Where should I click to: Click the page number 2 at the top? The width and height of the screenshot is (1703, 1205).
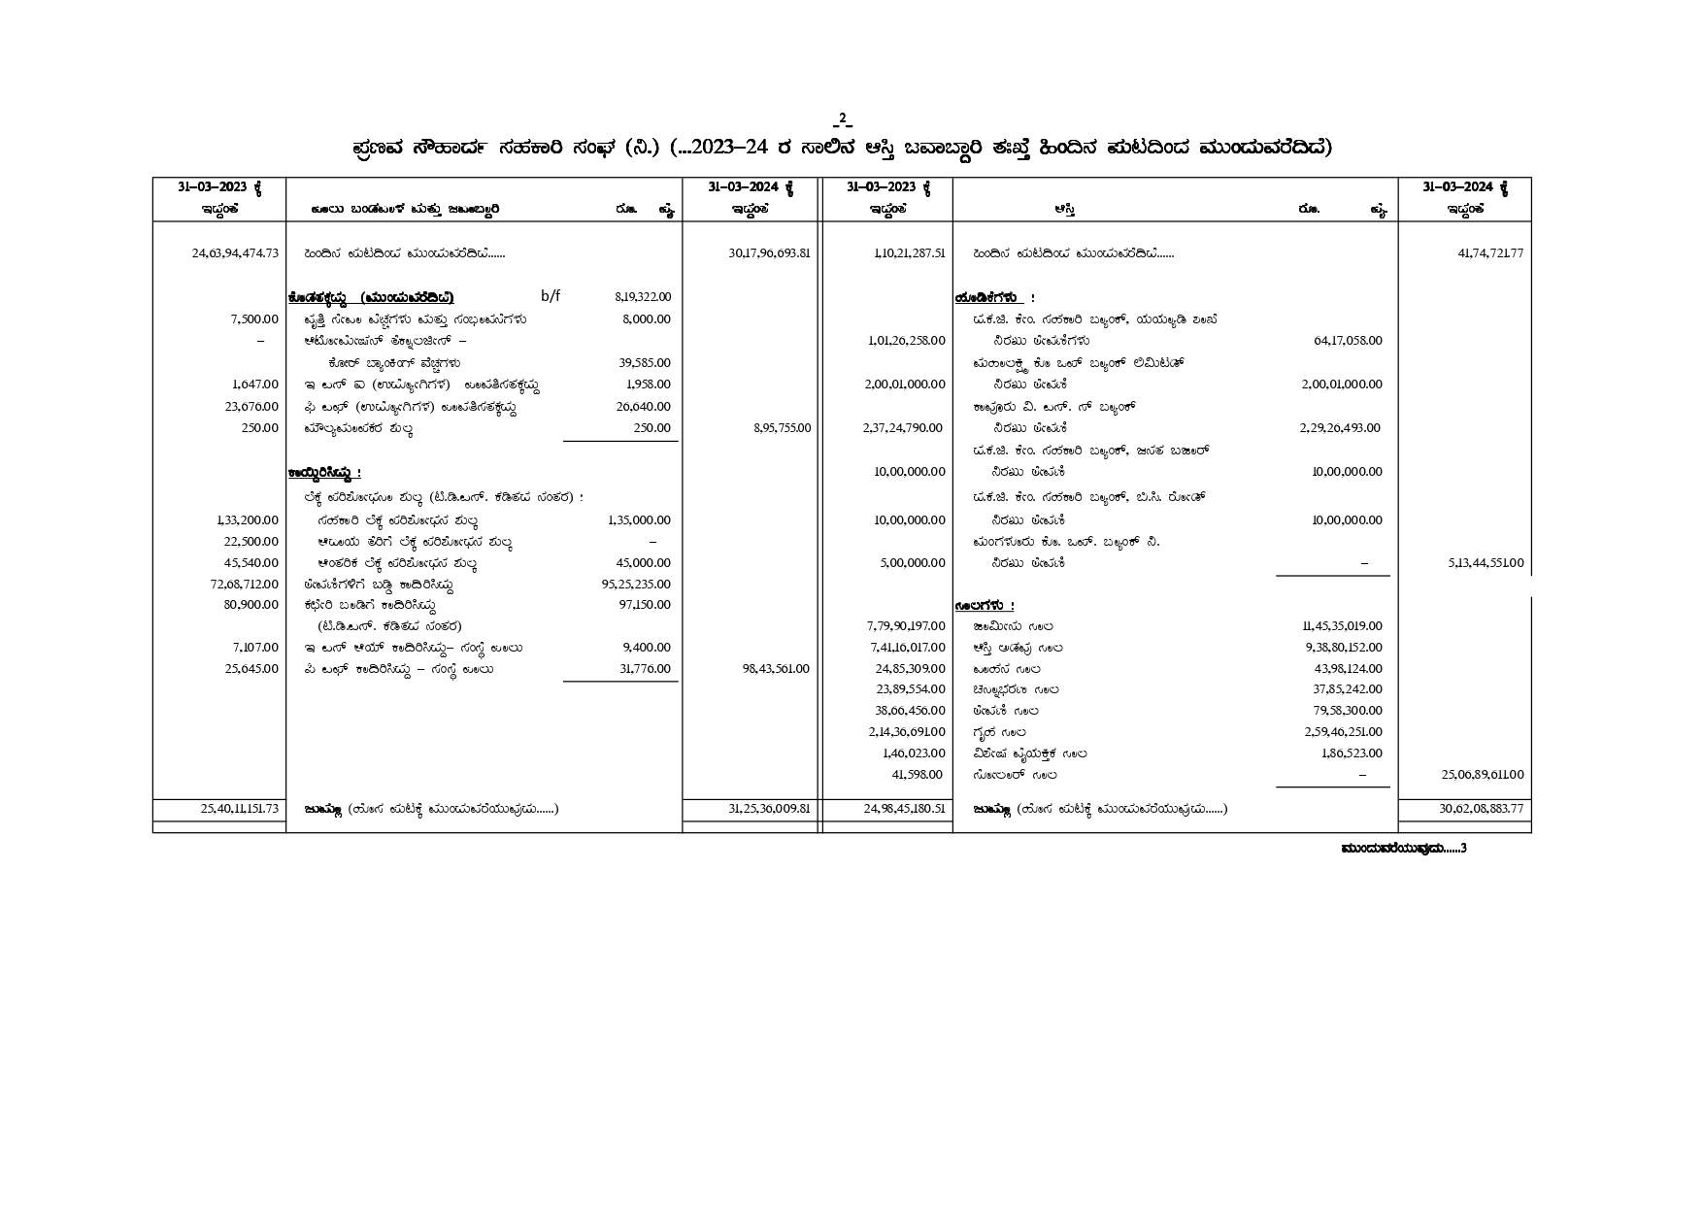(842, 119)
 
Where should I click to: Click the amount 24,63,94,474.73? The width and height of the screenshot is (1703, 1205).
(235, 253)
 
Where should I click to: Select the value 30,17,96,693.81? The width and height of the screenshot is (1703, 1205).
(769, 253)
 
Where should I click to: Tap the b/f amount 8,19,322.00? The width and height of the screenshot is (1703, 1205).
(643, 297)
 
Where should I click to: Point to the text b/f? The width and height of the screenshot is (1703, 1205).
(551, 296)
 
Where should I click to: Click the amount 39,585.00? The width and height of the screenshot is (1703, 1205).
(645, 363)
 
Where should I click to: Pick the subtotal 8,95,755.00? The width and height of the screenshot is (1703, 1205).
(782, 428)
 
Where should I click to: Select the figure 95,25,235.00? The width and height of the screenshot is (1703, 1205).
(636, 585)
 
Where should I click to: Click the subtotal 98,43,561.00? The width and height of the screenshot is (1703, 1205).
(775, 669)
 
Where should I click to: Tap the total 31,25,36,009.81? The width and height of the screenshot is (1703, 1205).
(769, 809)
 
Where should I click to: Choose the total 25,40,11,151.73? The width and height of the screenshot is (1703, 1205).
(235, 809)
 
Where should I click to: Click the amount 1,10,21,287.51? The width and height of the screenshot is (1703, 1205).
(909, 253)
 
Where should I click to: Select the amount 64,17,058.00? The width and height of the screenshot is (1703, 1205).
(1348, 341)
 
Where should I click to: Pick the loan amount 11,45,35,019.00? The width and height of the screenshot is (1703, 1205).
(1343, 626)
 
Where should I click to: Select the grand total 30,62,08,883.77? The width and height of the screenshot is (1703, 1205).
(1481, 809)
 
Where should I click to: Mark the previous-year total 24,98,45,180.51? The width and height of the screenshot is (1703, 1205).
(902, 809)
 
